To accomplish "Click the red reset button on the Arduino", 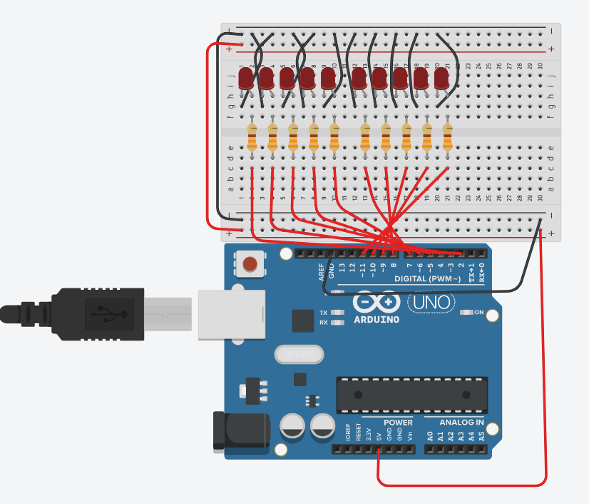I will [x=250, y=266].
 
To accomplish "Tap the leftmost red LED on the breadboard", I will [x=247, y=78].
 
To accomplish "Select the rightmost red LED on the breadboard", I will [x=441, y=78].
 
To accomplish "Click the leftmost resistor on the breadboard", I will [x=252, y=137].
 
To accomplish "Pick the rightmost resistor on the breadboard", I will [x=448, y=137].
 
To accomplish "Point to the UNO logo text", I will [x=430, y=303].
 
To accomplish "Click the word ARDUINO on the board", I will [x=377, y=319].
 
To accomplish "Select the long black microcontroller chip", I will [x=411, y=395].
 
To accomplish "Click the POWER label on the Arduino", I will [x=398, y=422].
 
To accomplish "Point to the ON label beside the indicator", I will [x=479, y=312].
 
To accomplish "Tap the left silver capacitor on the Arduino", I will [x=293, y=426].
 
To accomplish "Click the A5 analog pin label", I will [x=481, y=435].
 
